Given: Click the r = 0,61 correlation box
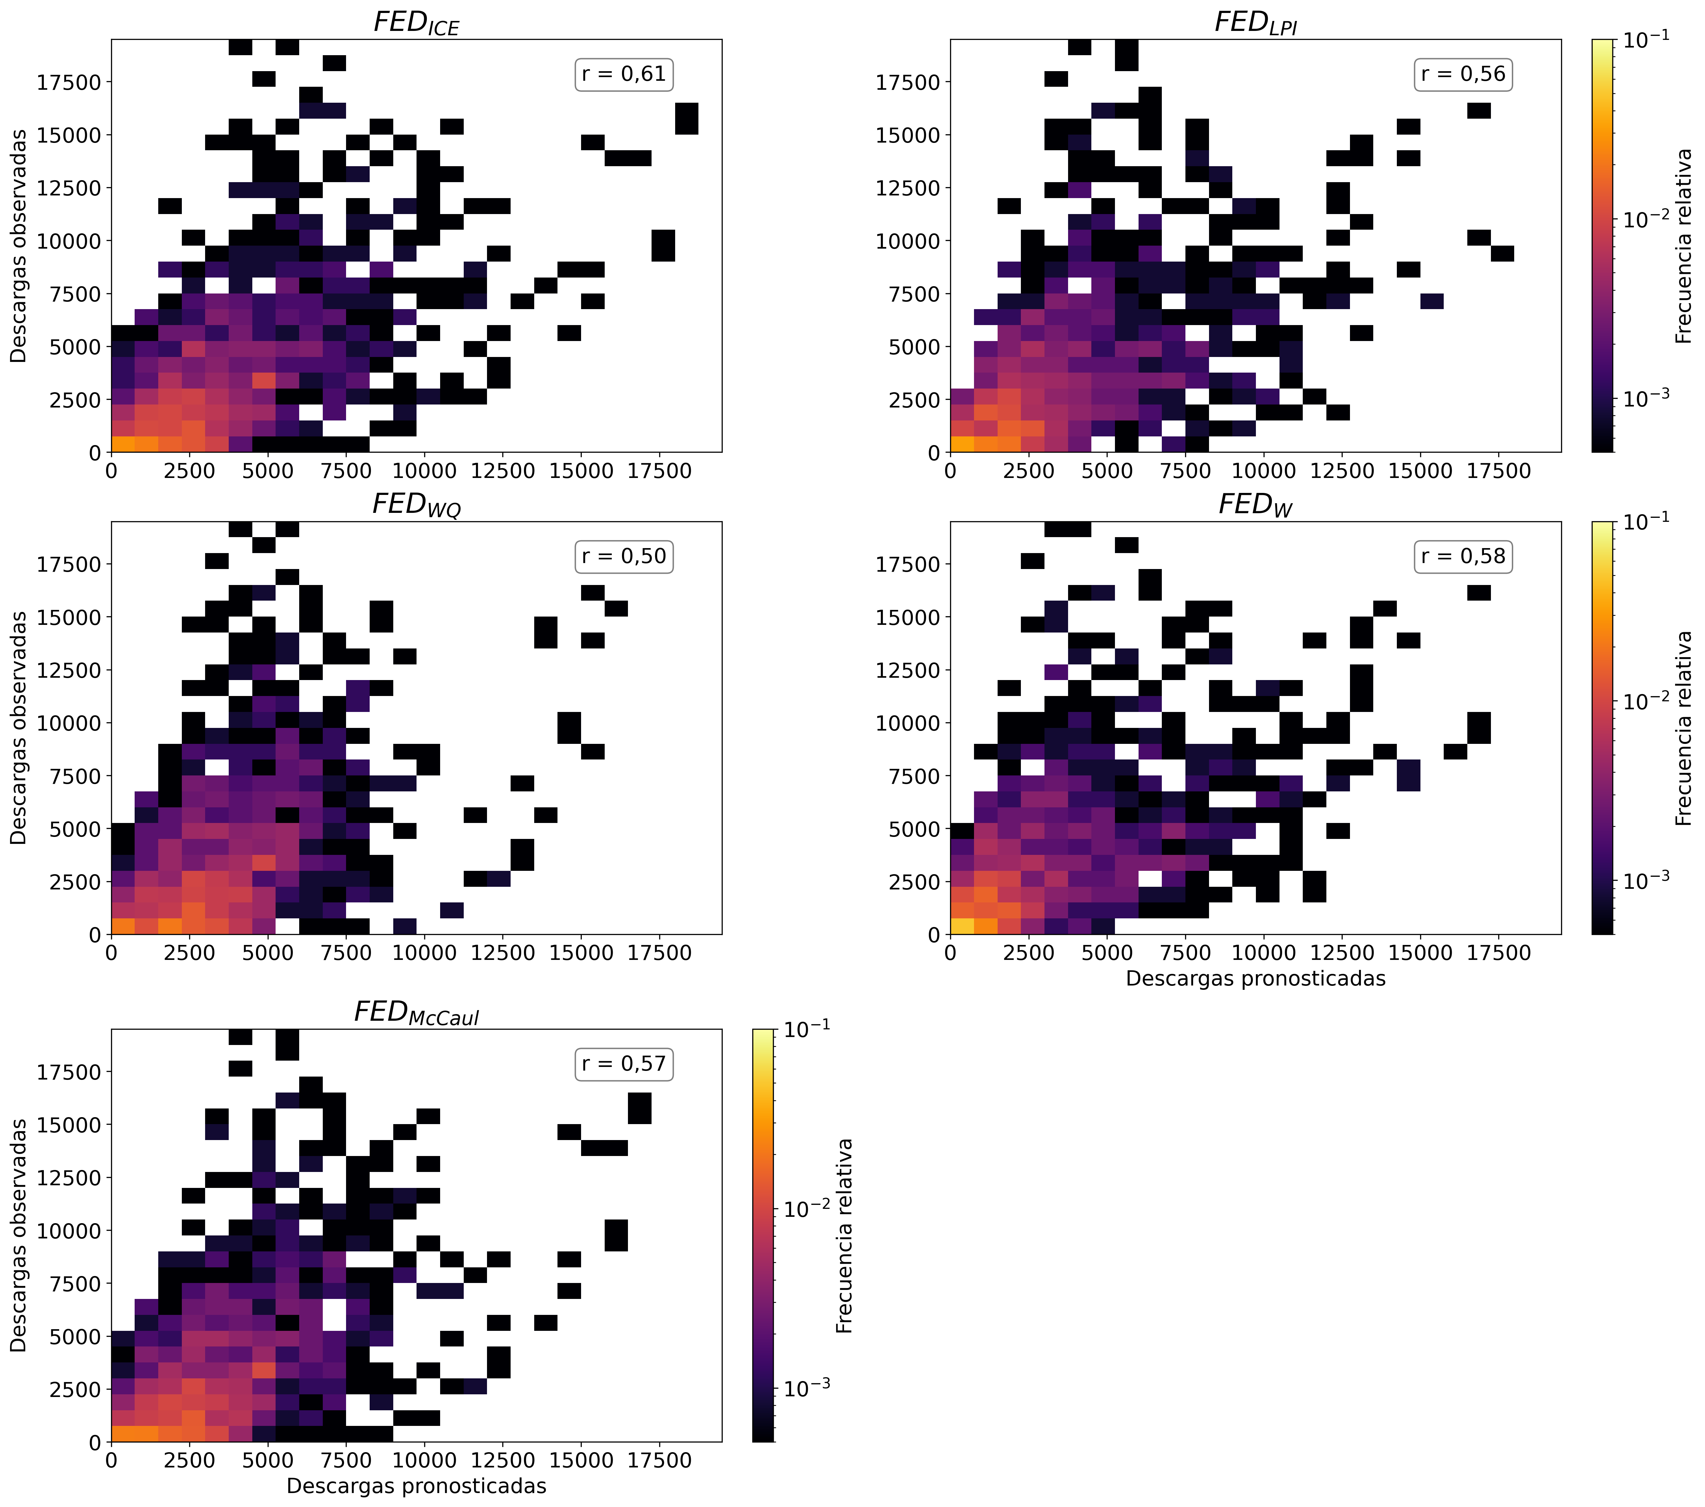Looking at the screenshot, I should (624, 74).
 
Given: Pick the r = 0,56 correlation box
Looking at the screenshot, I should (1463, 74).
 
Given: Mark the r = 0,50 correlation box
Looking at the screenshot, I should (624, 556).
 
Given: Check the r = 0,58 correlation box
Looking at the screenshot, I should (1463, 556).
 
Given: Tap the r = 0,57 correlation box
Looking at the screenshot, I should (624, 1064).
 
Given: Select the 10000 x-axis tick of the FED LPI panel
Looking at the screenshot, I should (1264, 471).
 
